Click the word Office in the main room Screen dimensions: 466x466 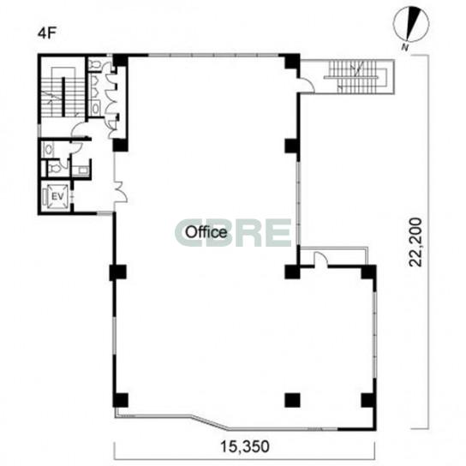[206, 232]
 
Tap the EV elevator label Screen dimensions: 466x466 [57, 196]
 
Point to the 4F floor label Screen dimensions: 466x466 [46, 33]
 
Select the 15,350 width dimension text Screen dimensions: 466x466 [245, 446]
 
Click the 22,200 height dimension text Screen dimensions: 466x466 [415, 242]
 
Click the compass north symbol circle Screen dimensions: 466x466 [411, 24]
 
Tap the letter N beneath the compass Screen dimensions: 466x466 [404, 47]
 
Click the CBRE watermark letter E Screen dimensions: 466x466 [278, 233]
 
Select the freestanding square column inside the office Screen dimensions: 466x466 [292, 400]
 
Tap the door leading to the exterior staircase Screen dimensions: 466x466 [307, 85]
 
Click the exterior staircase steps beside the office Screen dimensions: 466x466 [357, 76]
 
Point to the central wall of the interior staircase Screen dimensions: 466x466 [63, 97]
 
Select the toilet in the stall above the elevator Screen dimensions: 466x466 [56, 169]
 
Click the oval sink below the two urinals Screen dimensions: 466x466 [96, 108]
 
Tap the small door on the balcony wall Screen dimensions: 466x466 [320, 259]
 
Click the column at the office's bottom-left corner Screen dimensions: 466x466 [121, 400]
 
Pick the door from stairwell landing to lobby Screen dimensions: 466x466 [80, 130]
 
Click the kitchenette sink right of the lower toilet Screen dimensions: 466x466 [81, 170]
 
